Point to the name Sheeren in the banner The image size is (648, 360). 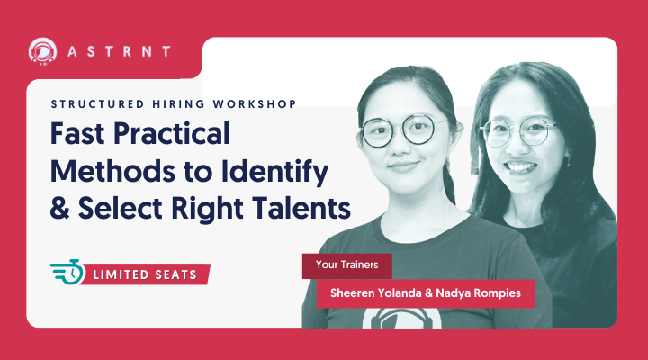point(360,292)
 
